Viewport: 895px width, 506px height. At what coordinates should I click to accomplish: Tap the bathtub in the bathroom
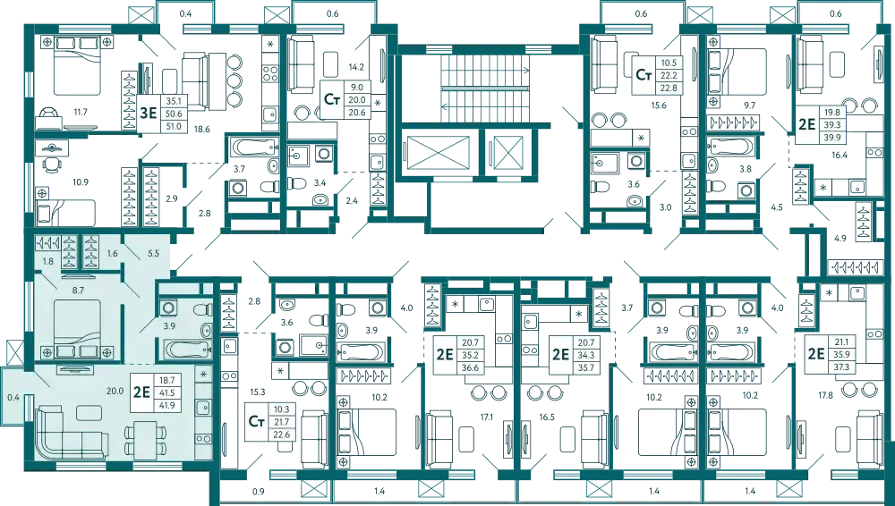tap(184, 348)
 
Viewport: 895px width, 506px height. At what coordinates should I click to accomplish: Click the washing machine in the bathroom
tap(168, 308)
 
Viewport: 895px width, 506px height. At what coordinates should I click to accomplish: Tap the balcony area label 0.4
tap(13, 396)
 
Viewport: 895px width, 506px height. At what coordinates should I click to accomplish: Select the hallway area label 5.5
tap(154, 254)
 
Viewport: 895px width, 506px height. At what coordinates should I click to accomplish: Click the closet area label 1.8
tap(47, 260)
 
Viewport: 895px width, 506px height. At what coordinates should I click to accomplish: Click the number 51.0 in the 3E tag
tap(174, 127)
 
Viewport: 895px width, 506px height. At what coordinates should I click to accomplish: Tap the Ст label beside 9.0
tap(331, 99)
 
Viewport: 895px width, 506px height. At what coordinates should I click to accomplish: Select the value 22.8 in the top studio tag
tap(668, 88)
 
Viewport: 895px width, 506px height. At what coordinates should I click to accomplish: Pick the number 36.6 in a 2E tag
tap(469, 367)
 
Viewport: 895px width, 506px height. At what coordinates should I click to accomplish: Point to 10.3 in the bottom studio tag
tap(284, 409)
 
